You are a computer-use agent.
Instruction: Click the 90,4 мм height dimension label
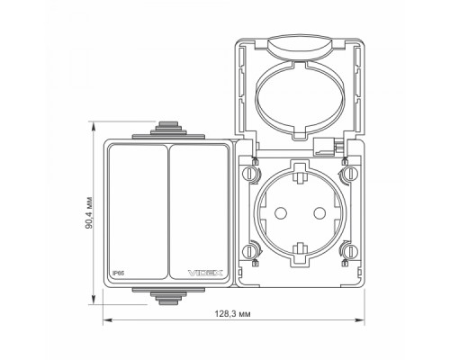click(89, 213)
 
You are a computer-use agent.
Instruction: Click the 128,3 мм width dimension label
click(232, 314)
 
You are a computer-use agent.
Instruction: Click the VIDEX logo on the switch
click(205, 273)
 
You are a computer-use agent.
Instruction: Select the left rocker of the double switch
click(138, 211)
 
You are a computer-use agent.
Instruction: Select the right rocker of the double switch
click(199, 211)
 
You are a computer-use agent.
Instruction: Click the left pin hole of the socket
click(281, 213)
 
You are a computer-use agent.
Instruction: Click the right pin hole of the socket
click(319, 213)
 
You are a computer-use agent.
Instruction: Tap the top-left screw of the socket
click(248, 174)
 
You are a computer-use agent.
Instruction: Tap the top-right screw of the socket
click(350, 174)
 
